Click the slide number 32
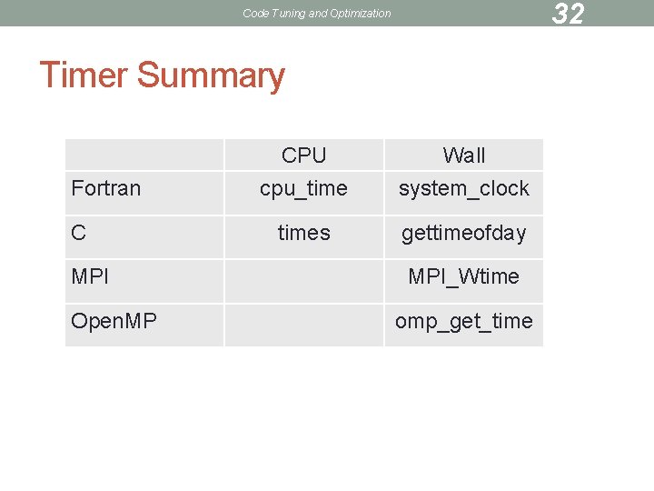[568, 14]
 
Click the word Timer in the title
[84, 75]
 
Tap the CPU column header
[303, 155]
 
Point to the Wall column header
[463, 155]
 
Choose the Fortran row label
[106, 188]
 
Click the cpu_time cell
[303, 188]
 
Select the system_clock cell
[463, 188]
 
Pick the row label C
[79, 233]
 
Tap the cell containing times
[303, 233]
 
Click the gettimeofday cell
[463, 233]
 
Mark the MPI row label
[90, 276]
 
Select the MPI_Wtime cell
[463, 276]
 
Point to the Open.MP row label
[114, 321]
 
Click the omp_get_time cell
[463, 321]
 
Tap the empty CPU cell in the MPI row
[303, 281]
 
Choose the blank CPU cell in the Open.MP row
[303, 325]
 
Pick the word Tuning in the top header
[285, 14]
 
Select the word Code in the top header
[255, 14]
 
